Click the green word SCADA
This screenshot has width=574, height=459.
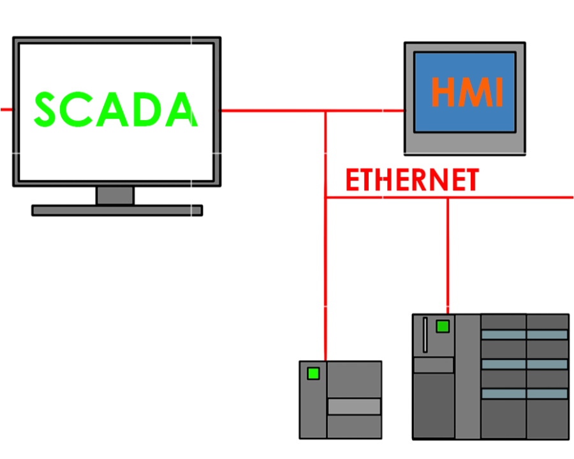(115, 109)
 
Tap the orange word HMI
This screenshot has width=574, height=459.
(467, 92)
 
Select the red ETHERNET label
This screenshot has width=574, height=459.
(411, 180)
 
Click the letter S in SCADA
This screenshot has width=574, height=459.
(48, 109)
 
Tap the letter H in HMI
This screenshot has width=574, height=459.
(443, 92)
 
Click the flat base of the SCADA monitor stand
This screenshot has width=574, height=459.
(117, 210)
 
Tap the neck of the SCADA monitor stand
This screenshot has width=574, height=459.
(115, 195)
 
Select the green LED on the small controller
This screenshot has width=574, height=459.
(313, 373)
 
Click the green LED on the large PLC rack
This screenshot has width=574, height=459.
(442, 327)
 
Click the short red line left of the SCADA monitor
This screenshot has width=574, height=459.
(6, 110)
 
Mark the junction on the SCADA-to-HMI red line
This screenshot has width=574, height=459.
(325, 110)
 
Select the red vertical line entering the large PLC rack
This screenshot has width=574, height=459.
(447, 255)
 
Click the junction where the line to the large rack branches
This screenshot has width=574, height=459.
(447, 198)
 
